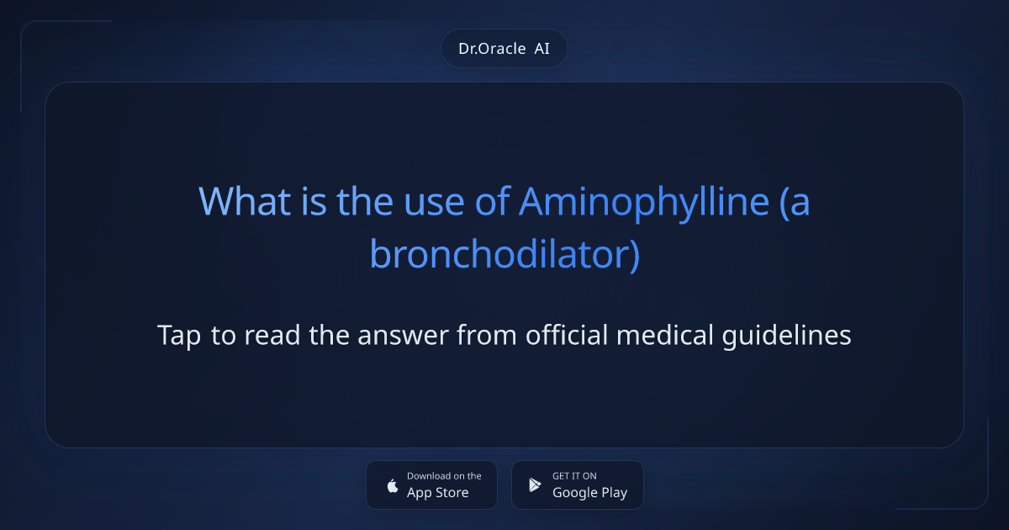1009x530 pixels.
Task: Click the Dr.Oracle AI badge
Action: click(504, 49)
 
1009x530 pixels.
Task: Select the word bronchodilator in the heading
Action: click(499, 255)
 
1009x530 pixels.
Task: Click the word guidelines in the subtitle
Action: click(787, 336)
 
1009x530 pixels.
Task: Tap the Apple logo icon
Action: click(392, 485)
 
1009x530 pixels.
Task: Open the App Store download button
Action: click(431, 485)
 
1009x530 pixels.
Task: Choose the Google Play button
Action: click(577, 485)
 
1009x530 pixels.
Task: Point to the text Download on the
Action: click(444, 476)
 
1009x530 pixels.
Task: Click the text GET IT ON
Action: click(574, 476)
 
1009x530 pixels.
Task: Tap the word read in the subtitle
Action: click(270, 336)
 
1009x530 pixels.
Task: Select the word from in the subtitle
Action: click(489, 336)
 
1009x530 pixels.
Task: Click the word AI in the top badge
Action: click(542, 49)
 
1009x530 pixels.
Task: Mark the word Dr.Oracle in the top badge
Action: click(492, 49)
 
